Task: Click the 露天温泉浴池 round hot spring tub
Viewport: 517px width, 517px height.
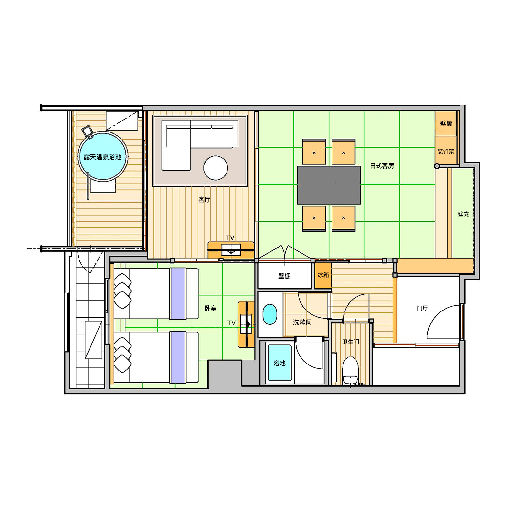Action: (x=103, y=156)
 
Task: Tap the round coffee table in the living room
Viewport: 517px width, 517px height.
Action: (x=216, y=168)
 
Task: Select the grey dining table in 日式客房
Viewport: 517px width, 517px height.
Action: (x=329, y=185)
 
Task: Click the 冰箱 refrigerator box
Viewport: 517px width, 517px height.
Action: (x=323, y=275)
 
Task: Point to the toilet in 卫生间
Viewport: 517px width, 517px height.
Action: (x=350, y=370)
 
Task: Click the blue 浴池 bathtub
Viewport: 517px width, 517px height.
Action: (x=280, y=363)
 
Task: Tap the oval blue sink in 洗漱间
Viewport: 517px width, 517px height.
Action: (x=270, y=314)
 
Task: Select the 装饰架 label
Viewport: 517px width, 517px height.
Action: (x=446, y=151)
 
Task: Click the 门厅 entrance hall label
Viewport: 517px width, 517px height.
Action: (x=422, y=308)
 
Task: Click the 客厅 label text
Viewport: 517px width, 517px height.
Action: (x=204, y=200)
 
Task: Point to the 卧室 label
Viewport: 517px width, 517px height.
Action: (x=210, y=308)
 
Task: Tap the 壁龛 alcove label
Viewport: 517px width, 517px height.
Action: (x=463, y=214)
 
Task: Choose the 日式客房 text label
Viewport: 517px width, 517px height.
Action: (x=382, y=166)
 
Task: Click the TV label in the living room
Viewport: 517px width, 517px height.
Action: (x=230, y=238)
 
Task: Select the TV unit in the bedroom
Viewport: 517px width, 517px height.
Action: (x=246, y=324)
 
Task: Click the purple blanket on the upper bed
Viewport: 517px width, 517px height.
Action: (x=178, y=293)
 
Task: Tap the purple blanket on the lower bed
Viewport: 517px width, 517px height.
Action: (x=178, y=357)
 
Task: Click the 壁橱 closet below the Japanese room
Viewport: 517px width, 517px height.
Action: (x=285, y=276)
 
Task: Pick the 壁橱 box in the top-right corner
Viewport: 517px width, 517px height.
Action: (x=446, y=123)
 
